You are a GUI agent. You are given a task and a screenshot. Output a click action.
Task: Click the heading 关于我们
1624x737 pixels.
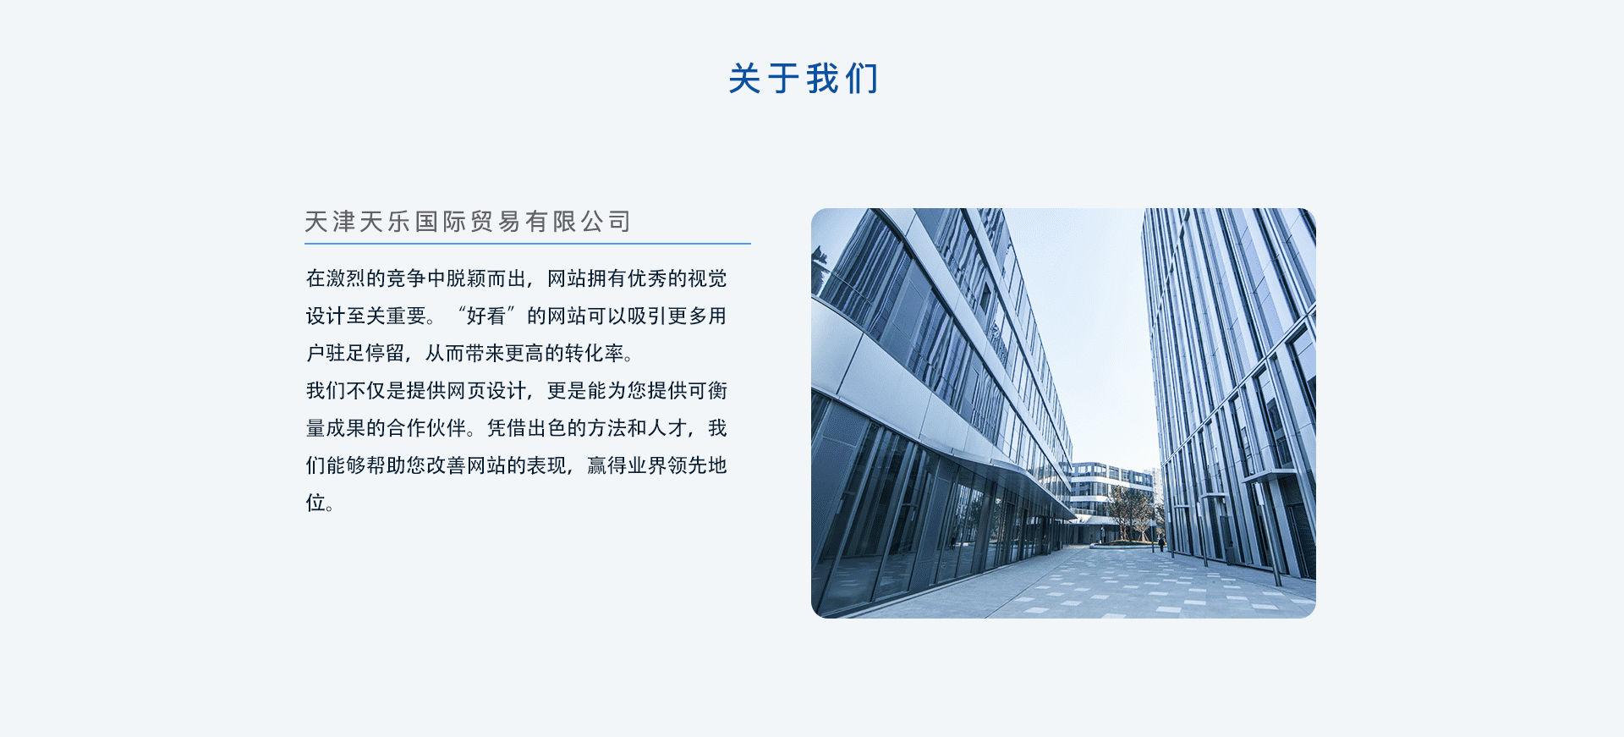tap(804, 79)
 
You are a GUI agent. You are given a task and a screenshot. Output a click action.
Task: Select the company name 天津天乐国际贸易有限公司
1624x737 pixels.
tap(468, 222)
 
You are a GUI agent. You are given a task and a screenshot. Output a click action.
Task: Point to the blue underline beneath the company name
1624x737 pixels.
tap(528, 244)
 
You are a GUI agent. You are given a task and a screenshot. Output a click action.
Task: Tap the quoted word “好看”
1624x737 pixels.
tap(486, 316)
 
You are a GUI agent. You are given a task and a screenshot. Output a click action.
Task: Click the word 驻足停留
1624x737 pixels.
tap(365, 353)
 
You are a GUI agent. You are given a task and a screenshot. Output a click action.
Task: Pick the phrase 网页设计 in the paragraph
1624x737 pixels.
tap(486, 391)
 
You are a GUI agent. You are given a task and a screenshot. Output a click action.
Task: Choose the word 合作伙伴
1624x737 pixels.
tap(426, 428)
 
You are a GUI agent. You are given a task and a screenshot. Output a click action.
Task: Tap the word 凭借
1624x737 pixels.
tap(507, 428)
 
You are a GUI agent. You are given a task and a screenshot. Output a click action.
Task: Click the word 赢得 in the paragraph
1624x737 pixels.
tap(606, 465)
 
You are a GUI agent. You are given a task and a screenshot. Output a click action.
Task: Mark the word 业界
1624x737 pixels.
tap(647, 465)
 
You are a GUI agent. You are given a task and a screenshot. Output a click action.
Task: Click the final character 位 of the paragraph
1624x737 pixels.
tap(315, 503)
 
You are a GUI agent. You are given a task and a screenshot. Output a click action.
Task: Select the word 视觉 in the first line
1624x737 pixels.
tap(707, 278)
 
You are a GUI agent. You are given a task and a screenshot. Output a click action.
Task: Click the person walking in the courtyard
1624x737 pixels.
tap(1161, 544)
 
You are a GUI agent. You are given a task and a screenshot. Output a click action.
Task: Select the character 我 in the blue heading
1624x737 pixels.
tap(822, 79)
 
